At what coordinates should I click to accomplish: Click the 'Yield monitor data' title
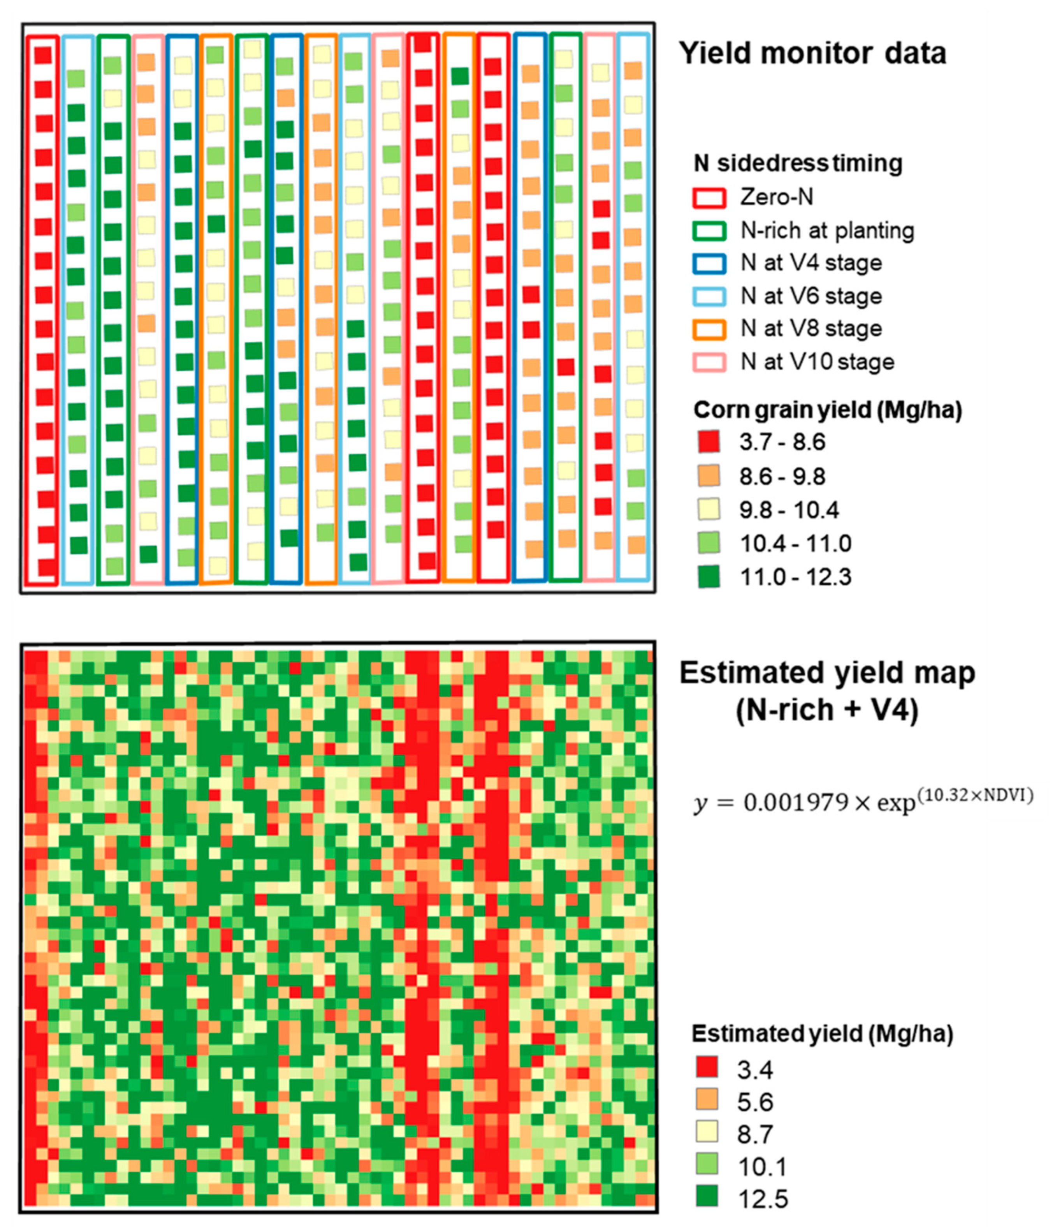tap(812, 53)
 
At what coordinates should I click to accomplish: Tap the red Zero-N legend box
tap(709, 197)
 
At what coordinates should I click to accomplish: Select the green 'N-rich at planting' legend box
tap(709, 231)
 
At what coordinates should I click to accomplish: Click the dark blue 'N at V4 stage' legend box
tap(709, 263)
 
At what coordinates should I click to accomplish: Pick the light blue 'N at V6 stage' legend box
tap(709, 296)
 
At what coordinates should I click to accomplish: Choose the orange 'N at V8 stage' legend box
tap(709, 329)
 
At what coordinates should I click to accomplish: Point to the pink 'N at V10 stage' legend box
tap(709, 362)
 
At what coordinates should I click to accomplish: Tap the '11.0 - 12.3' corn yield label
tap(795, 577)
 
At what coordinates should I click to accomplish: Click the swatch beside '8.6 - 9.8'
tap(709, 475)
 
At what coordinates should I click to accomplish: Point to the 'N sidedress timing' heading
tap(798, 163)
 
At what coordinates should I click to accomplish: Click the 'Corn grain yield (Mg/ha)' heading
tap(827, 410)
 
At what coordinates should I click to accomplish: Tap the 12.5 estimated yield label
tap(763, 1199)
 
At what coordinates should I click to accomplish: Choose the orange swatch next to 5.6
tap(707, 1100)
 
